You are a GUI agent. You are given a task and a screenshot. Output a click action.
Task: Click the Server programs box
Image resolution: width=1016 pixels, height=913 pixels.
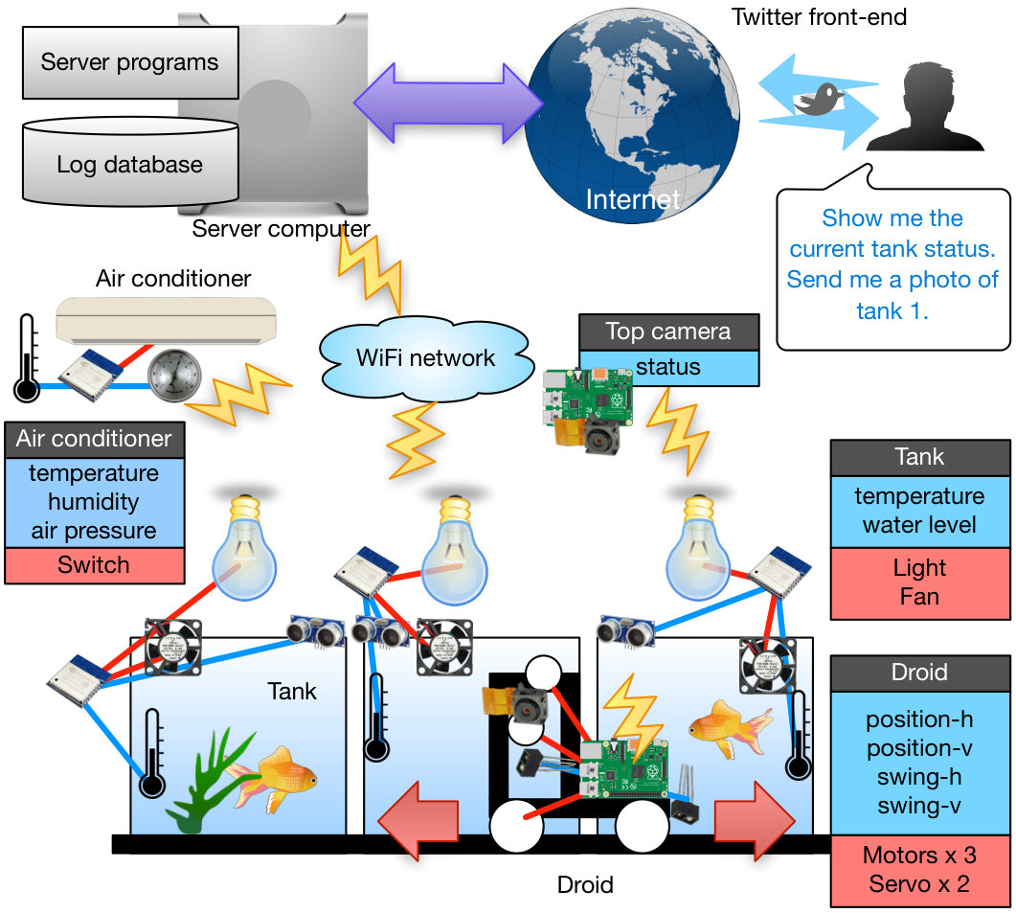tap(130, 62)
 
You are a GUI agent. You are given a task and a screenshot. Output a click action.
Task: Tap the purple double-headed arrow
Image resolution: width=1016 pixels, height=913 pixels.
tap(448, 103)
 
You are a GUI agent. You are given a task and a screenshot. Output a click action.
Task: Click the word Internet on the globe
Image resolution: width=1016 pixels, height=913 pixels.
tap(632, 199)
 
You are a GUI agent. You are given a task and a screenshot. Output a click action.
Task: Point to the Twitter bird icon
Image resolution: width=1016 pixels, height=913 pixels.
tap(820, 100)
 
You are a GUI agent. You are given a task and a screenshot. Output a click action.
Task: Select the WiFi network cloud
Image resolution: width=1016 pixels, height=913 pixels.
tap(426, 358)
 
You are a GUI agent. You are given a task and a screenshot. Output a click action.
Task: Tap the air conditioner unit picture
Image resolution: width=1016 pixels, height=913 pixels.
tap(166, 320)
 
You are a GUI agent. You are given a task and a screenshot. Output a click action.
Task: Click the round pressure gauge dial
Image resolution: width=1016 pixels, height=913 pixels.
tap(174, 376)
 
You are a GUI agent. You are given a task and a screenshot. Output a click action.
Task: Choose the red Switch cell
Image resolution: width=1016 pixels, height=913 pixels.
tap(95, 565)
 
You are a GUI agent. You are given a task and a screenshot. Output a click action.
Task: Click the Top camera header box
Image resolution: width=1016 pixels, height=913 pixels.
tap(668, 332)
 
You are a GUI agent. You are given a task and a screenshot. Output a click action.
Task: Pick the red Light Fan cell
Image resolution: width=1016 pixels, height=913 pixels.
tap(920, 582)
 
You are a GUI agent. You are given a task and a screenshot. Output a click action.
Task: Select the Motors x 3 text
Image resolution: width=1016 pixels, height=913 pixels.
tap(919, 856)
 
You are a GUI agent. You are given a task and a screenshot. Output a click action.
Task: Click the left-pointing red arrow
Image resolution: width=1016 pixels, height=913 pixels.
tap(418, 820)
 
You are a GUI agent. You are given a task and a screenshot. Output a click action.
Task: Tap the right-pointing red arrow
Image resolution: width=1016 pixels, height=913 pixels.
tap(755, 821)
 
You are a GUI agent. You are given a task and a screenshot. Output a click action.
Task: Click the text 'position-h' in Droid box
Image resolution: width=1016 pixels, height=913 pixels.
tap(919, 719)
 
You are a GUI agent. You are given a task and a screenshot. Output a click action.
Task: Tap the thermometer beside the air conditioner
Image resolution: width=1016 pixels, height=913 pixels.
tap(27, 358)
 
